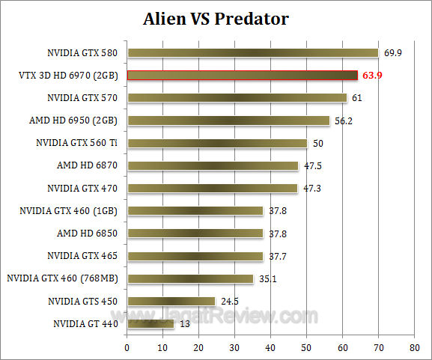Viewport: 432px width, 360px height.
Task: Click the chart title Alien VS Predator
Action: [216, 18]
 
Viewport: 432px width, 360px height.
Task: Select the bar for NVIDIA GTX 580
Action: [252, 52]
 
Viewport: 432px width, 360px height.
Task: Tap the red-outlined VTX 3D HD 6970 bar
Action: [242, 75]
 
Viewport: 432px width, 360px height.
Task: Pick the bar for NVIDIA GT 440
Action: [150, 324]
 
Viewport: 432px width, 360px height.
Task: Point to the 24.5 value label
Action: [228, 302]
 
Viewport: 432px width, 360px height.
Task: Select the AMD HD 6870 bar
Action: [212, 165]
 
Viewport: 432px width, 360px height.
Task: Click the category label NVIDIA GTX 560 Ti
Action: [79, 143]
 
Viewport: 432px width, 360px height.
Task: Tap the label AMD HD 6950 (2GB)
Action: [78, 120]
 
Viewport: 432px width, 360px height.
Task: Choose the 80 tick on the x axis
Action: [414, 349]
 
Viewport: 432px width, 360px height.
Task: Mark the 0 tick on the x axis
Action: [127, 349]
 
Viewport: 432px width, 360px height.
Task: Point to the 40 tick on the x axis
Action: [270, 349]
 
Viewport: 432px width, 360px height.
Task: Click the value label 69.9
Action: [394, 52]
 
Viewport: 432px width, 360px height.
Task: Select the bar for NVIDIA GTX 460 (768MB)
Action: [190, 278]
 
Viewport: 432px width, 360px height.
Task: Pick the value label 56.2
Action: [344, 120]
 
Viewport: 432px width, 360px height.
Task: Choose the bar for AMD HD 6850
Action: [195, 234]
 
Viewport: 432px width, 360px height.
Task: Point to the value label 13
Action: [184, 324]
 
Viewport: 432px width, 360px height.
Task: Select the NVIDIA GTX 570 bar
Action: [237, 97]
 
